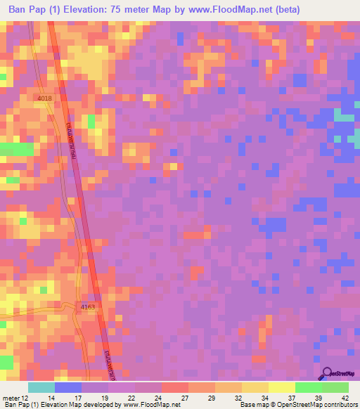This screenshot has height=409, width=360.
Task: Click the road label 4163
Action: pos(88,307)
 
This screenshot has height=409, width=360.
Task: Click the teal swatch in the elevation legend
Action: pos(41,387)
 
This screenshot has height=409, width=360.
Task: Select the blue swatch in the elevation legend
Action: pos(67,387)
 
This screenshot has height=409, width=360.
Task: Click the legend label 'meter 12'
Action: pos(15,398)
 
